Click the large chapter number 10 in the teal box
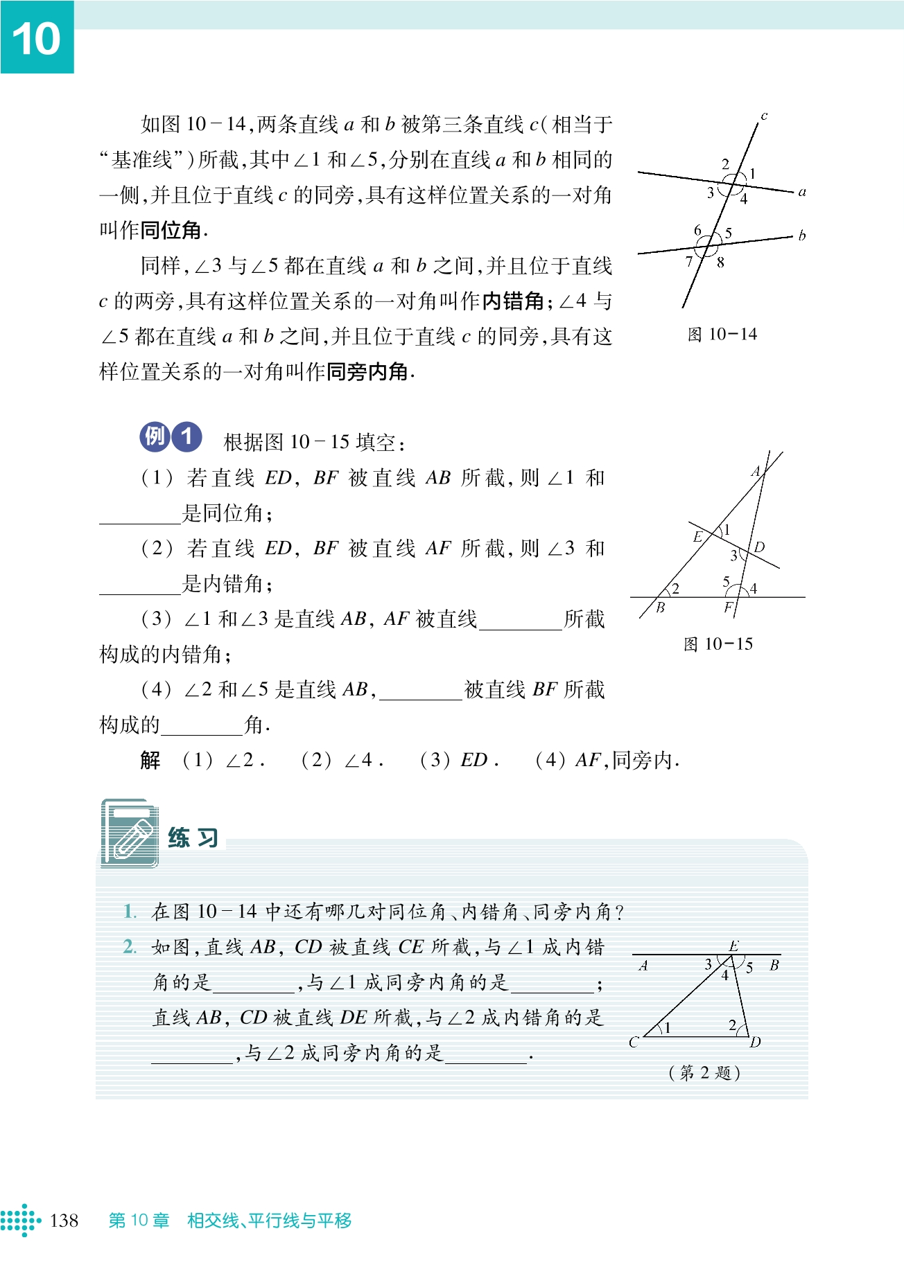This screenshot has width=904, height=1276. pyautogui.click(x=37, y=39)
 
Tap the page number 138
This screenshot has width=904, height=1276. pyautogui.click(x=64, y=1220)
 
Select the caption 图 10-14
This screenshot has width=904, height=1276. pyautogui.click(x=722, y=335)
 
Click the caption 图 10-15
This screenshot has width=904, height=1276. pyautogui.click(x=718, y=644)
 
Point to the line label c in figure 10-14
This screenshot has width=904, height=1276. pyautogui.click(x=764, y=116)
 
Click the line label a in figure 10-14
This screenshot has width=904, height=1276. pyautogui.click(x=802, y=192)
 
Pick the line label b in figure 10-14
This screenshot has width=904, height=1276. pyautogui.click(x=802, y=236)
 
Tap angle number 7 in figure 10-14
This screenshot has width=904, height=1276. pyautogui.click(x=689, y=261)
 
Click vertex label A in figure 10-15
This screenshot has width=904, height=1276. pyautogui.click(x=756, y=472)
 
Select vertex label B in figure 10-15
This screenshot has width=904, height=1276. pyautogui.click(x=660, y=608)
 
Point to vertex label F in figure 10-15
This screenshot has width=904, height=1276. pyautogui.click(x=728, y=608)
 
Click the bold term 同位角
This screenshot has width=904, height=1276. pyautogui.click(x=171, y=230)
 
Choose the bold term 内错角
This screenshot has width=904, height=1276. pyautogui.click(x=513, y=301)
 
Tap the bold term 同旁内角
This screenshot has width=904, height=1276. pyautogui.click(x=367, y=372)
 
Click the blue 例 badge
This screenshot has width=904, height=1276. pyautogui.click(x=155, y=436)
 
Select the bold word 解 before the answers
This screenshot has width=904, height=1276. pyautogui.click(x=150, y=760)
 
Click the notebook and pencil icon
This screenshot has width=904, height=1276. pyautogui.click(x=130, y=833)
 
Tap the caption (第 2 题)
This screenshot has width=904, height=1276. pyautogui.click(x=704, y=1072)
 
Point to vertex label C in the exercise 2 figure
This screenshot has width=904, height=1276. pyautogui.click(x=634, y=1042)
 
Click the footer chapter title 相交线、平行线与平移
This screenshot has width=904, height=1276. pyautogui.click(x=269, y=1220)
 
